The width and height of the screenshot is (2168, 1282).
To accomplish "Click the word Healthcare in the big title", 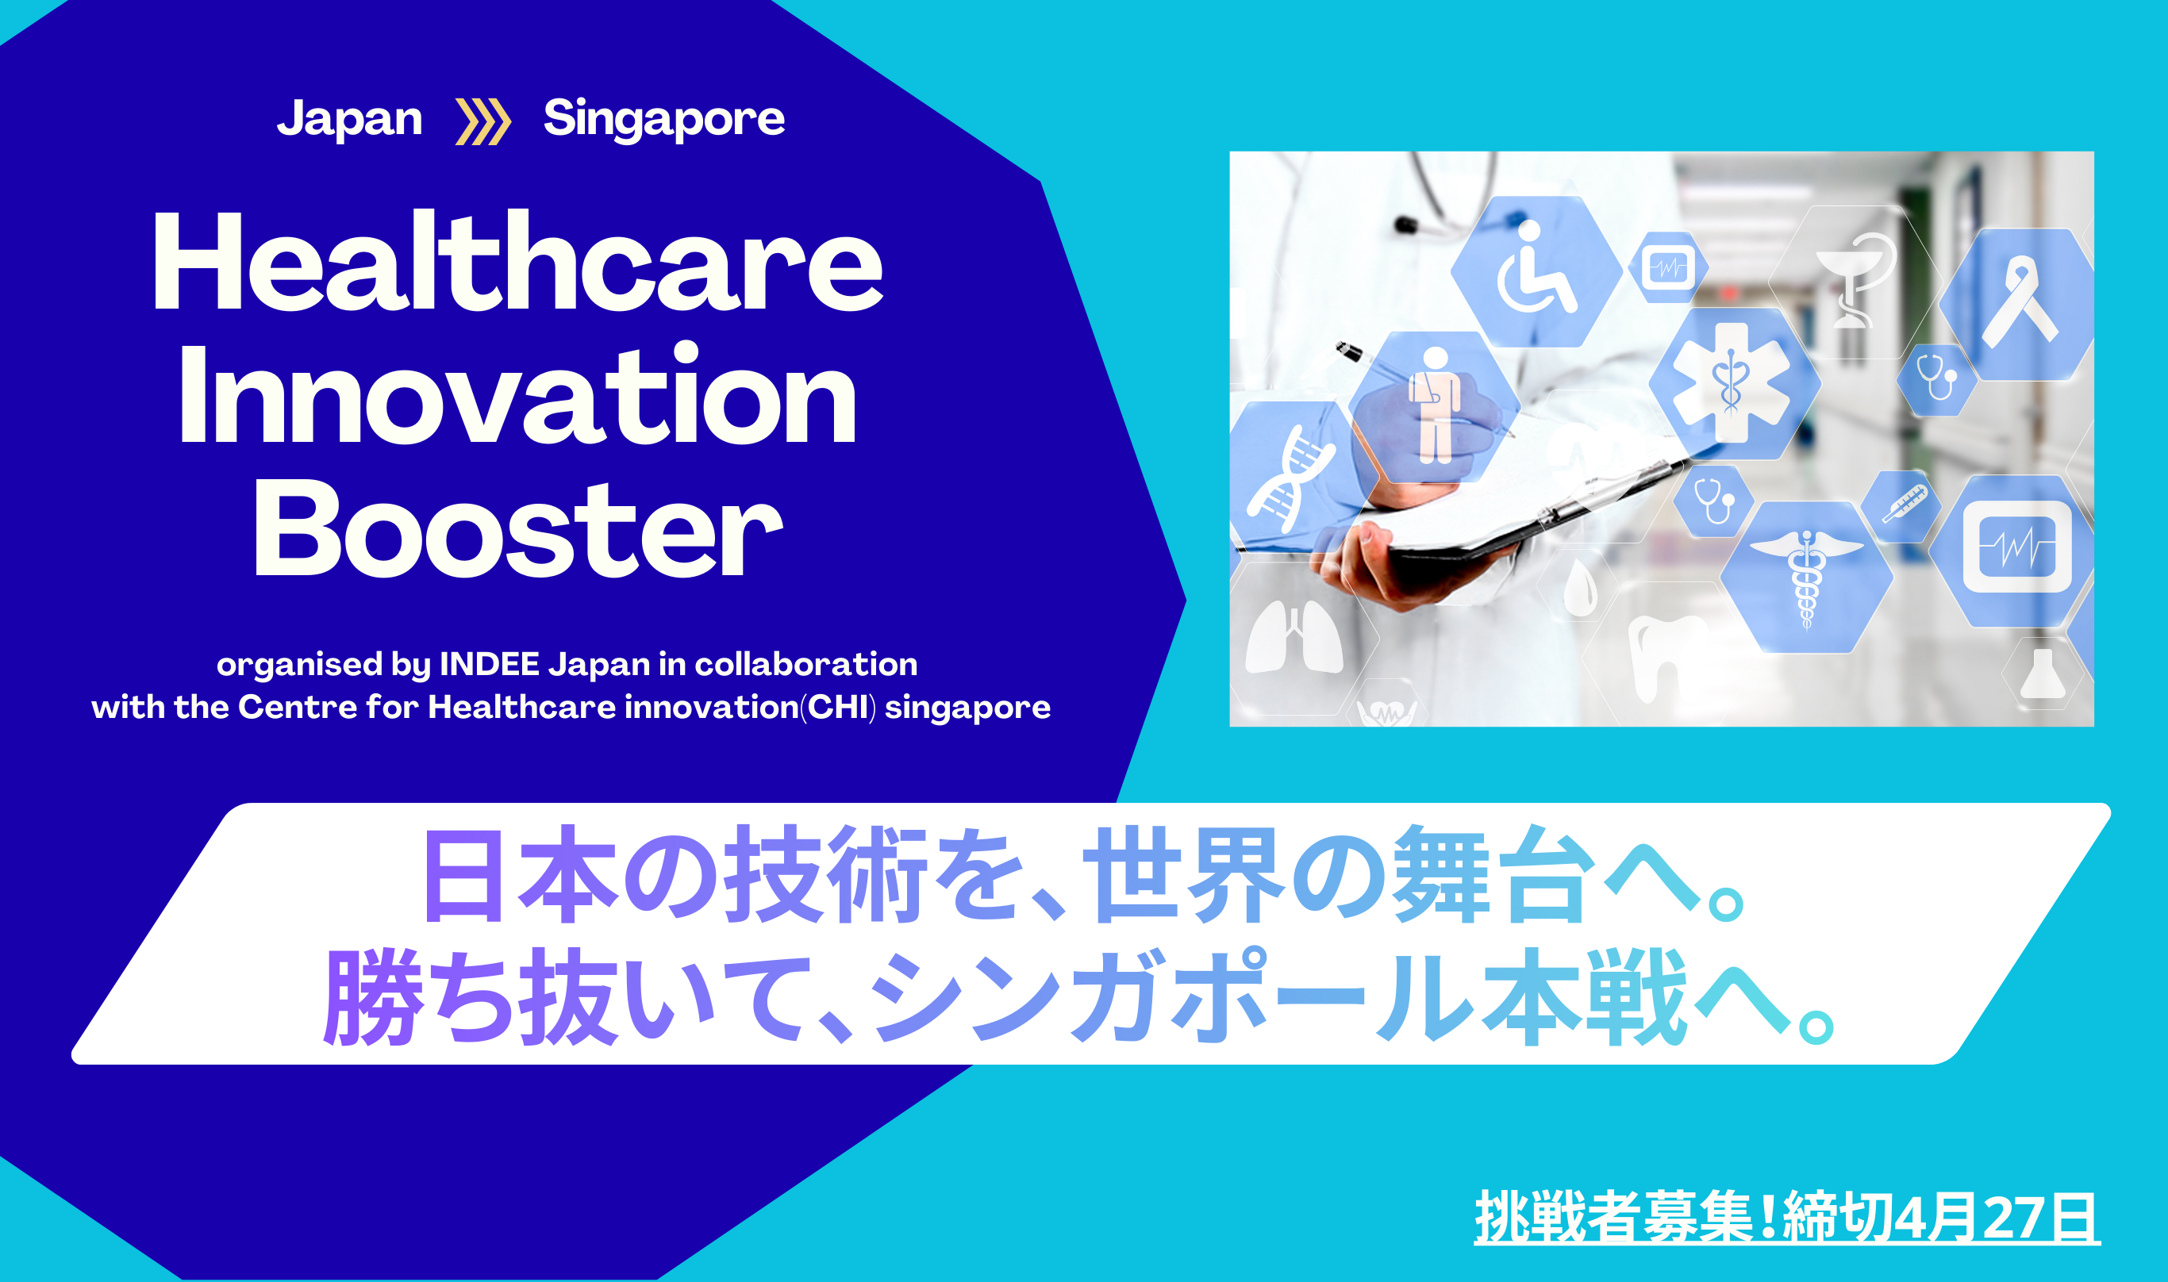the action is [517, 261].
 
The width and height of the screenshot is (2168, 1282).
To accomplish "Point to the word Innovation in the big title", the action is [517, 394].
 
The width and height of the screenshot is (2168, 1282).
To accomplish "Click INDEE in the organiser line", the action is [489, 664].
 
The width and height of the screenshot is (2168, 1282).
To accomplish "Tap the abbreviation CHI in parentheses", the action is [837, 708].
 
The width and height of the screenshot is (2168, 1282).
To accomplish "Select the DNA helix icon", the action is [1290, 478].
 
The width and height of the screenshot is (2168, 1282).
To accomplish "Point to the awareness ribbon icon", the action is [2021, 304].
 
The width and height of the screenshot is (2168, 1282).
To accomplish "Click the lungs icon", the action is [1293, 637].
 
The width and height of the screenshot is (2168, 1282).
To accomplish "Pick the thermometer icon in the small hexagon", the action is [1905, 504].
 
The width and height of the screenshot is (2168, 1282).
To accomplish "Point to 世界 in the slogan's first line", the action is [1184, 874].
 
